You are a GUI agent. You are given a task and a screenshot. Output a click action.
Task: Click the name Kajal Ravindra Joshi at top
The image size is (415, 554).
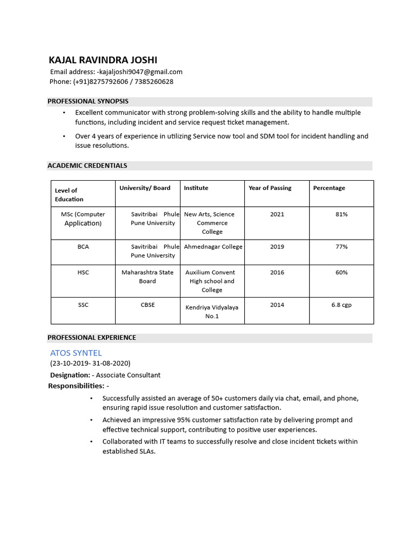coord(103,60)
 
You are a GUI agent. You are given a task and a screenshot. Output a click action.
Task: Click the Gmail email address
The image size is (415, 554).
coord(140,71)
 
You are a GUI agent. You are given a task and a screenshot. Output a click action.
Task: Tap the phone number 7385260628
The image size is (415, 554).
coord(154,82)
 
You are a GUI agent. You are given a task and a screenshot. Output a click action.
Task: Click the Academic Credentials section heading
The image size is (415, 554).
coord(88,166)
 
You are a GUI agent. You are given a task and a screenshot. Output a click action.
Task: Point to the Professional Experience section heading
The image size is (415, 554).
coord(92,338)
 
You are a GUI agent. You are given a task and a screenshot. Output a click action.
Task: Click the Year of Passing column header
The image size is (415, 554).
coord(270,188)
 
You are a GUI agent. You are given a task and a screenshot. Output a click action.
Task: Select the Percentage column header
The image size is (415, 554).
coord(329,188)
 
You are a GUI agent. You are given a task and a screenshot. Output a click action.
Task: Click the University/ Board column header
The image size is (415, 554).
coord(145,188)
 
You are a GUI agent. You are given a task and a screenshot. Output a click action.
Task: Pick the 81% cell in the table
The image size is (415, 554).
coord(341,214)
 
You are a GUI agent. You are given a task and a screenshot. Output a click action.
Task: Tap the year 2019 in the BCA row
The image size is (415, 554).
coord(277,247)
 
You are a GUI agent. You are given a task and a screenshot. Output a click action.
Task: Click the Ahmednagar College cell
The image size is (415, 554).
coord(213,247)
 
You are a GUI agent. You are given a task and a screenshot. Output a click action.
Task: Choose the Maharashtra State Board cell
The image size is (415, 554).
coord(148,277)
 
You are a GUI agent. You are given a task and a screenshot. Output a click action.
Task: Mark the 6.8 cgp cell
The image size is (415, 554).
coord(341,305)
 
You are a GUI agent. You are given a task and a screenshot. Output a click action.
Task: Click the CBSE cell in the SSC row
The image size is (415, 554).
coord(148,305)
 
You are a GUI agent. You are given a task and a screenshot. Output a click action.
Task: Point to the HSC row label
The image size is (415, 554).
coord(83,273)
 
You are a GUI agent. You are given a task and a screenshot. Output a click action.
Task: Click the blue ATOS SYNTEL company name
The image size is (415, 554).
coord(76,353)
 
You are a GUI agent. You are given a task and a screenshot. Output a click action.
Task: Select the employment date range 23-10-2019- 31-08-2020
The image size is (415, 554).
coord(90,364)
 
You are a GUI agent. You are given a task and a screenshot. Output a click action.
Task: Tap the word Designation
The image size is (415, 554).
coord(70,375)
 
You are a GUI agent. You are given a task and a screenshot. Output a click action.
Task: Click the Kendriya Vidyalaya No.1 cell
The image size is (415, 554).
coord(212,312)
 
